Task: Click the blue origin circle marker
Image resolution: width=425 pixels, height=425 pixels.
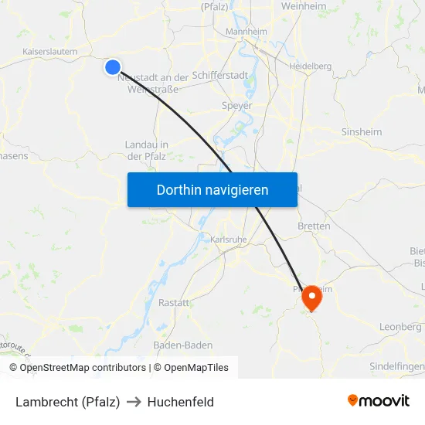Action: (113, 67)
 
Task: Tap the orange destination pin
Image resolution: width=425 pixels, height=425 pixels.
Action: (311, 297)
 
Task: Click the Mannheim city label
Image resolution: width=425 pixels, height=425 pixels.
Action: (245, 32)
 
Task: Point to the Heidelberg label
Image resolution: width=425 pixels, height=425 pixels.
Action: (310, 66)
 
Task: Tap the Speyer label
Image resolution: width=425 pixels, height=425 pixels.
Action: (236, 105)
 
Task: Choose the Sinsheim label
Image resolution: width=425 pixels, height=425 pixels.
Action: (362, 132)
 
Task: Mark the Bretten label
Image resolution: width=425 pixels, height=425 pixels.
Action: (314, 226)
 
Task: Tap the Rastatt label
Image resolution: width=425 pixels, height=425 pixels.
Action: (174, 303)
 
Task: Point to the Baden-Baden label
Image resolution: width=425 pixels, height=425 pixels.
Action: (183, 345)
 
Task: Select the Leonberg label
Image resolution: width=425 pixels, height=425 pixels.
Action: (400, 327)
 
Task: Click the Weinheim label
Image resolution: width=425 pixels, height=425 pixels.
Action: (304, 6)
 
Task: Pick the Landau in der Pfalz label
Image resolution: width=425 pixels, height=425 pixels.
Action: (147, 150)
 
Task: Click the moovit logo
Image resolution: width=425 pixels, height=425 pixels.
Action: (379, 401)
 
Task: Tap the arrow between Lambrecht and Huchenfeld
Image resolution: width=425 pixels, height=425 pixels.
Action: (134, 402)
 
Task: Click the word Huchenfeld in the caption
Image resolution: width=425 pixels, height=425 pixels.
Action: (181, 402)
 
